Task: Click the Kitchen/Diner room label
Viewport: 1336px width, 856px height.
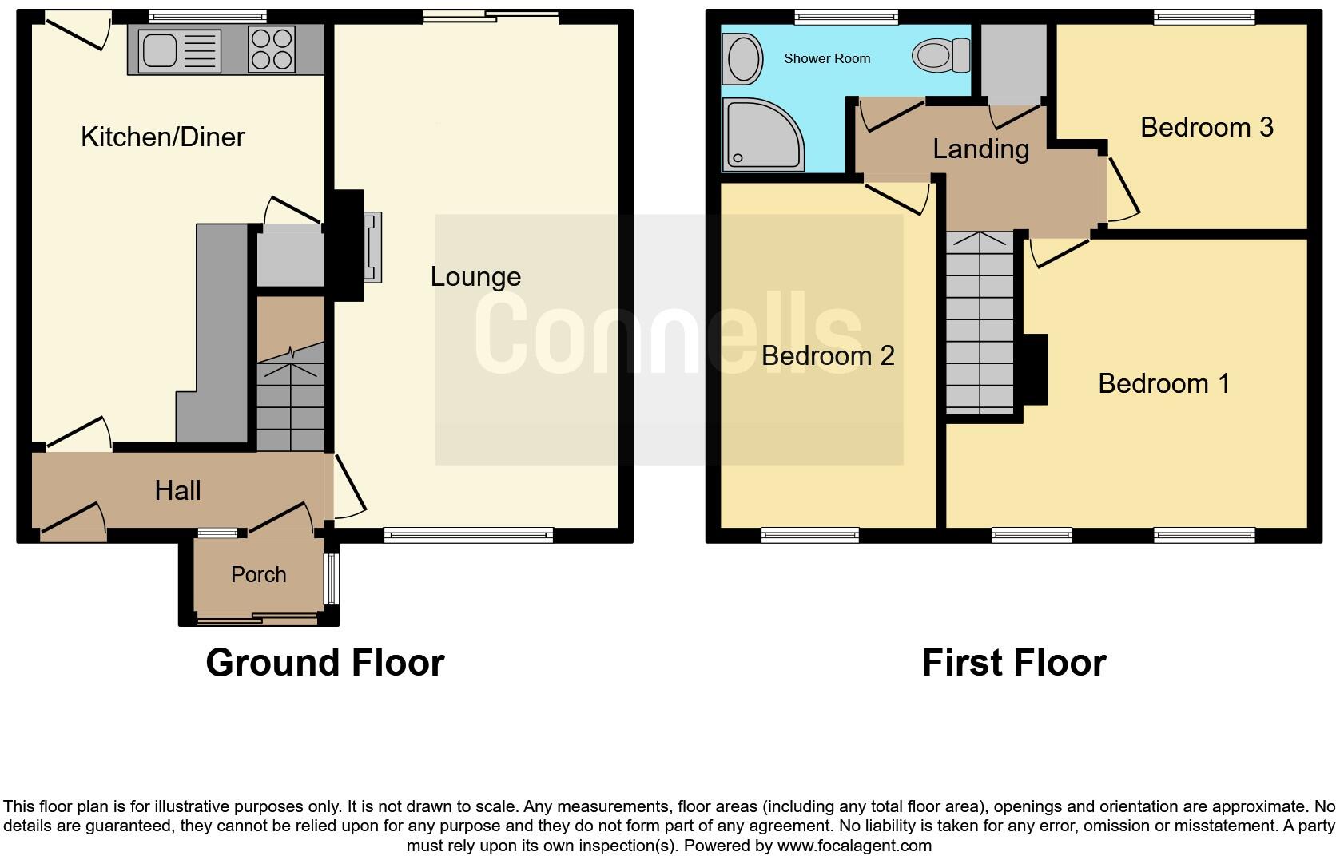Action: point(162,137)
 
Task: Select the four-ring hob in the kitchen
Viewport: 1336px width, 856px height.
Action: point(272,49)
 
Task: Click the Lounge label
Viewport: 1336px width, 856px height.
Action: point(475,276)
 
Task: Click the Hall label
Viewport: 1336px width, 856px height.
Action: point(177,490)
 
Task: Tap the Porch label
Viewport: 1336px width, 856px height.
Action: point(258,574)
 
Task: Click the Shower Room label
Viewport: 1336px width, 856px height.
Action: point(827,58)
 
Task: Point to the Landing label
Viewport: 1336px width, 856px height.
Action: point(980,149)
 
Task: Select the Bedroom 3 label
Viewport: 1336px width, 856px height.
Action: point(1207,127)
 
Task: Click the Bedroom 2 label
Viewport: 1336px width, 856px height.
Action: point(828,355)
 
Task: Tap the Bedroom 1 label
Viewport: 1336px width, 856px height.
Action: point(1163,383)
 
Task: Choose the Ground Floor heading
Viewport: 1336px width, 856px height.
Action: point(324,663)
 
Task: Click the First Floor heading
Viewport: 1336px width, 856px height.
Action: point(1013,663)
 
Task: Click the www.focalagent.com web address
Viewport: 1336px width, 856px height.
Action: point(854,845)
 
